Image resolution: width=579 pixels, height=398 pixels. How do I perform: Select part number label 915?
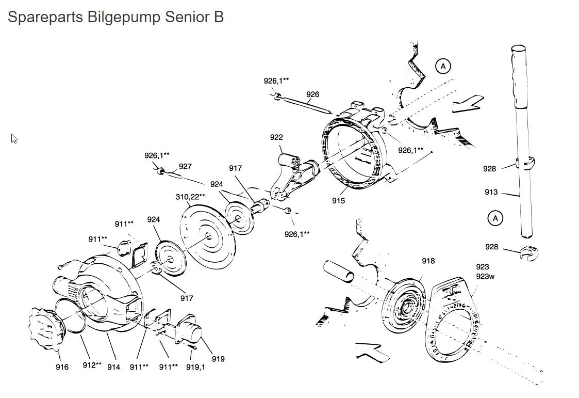pos(338,201)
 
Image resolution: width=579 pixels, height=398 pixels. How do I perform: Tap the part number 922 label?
pos(276,137)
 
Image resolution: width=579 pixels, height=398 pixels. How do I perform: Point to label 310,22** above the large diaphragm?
pos(190,197)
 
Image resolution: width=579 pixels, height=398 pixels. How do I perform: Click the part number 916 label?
pos(62,367)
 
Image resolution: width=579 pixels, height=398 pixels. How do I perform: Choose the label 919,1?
pos(195,367)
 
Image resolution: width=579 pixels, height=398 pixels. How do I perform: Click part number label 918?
pos(428,261)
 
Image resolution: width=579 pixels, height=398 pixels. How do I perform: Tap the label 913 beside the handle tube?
pos(491,192)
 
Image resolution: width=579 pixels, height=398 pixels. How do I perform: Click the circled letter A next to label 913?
pos(495,218)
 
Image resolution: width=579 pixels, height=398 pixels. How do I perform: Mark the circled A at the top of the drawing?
pos(442,66)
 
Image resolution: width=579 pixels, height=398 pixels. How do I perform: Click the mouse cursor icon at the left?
pos(14,138)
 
